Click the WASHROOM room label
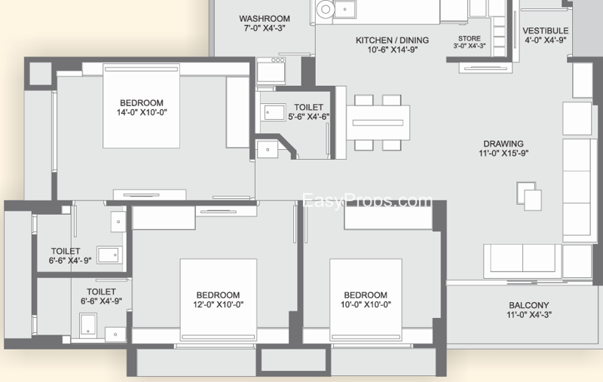tap(265, 18)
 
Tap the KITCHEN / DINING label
tap(392, 40)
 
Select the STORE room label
tap(469, 38)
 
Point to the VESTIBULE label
tap(545, 31)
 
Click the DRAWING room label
tap(504, 144)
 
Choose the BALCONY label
tap(529, 305)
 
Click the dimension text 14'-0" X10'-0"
tap(142, 112)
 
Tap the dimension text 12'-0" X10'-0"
tap(218, 304)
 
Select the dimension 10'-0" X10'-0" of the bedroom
tap(366, 304)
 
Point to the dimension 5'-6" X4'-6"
tap(309, 117)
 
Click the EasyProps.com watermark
tap(367, 200)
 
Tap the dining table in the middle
tap(378, 123)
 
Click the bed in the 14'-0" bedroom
tap(142, 105)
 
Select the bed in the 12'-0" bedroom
tap(219, 300)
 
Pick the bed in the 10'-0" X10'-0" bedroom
tap(366, 300)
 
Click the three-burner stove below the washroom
tap(271, 71)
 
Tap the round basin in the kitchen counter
tap(326, 9)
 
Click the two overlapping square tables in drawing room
tap(529, 196)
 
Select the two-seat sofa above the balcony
tap(522, 261)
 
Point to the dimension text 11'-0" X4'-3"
tap(529, 315)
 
